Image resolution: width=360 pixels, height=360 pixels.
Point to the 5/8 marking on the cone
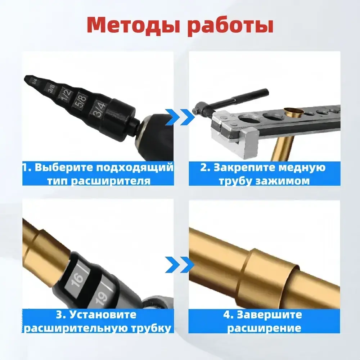pyautogui.click(x=80, y=100)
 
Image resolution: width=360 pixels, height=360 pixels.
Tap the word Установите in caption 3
pyautogui.click(x=101, y=315)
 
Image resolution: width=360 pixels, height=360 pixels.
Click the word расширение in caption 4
pyautogui.click(x=264, y=328)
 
